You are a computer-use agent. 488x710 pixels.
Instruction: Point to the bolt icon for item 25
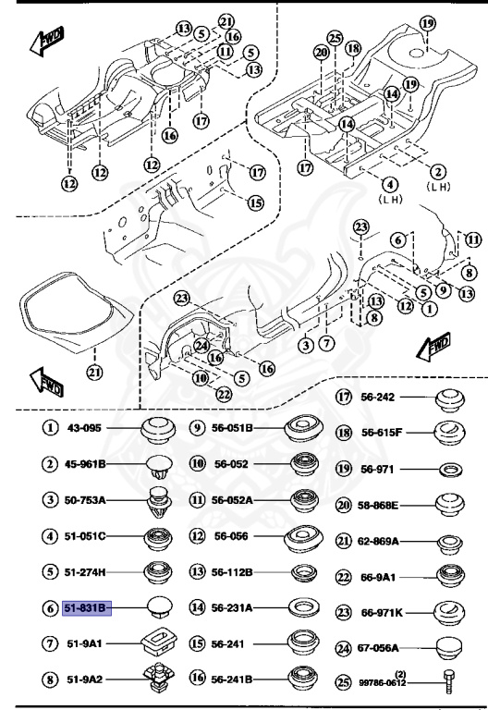447,681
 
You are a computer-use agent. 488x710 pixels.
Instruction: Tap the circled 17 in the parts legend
343,398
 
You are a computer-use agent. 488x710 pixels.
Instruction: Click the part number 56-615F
380,433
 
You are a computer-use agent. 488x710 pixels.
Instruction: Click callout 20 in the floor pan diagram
321,53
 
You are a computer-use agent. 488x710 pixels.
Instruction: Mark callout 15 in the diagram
255,202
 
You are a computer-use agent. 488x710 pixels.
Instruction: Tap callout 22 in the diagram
223,395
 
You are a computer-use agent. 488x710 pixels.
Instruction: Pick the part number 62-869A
380,540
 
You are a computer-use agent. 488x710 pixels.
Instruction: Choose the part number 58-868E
380,505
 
